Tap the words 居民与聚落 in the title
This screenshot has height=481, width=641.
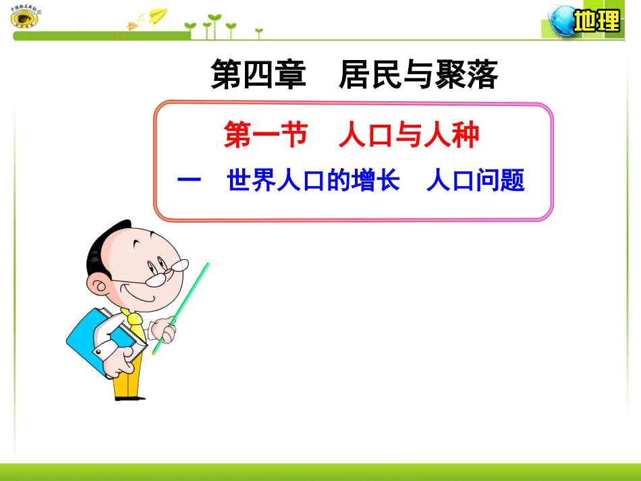point(418,75)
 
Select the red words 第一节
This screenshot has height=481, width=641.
point(265,136)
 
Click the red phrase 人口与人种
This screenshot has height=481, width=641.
point(409,136)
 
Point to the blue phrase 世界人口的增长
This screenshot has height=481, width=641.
point(314,181)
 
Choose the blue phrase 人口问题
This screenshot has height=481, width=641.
point(476,181)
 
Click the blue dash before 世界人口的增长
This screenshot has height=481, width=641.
point(190,181)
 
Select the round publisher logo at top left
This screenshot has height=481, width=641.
point(24,18)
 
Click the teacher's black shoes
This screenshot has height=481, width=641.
point(129,397)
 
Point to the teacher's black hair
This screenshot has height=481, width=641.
point(105,246)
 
